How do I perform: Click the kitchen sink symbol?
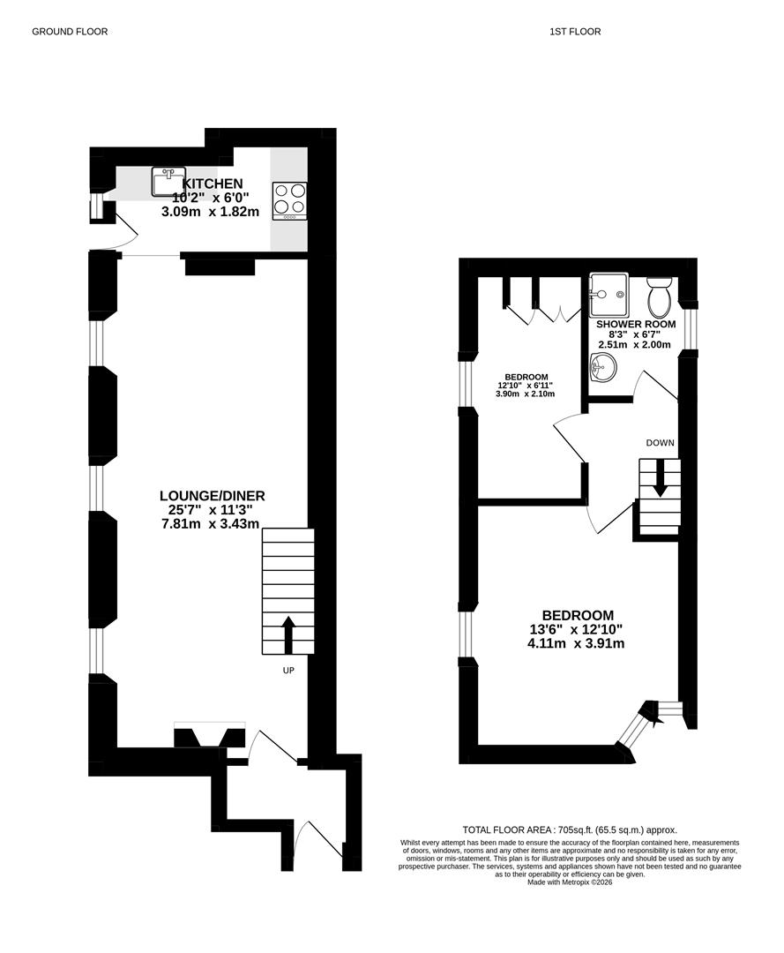click(x=166, y=183)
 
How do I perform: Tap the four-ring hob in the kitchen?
click(x=289, y=201)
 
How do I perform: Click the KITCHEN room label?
click(x=213, y=183)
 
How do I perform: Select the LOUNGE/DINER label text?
click(x=212, y=496)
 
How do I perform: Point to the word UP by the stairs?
click(x=288, y=671)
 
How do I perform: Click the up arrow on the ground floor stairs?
click(x=288, y=635)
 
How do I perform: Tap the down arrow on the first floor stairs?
click(x=660, y=478)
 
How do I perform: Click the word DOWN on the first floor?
click(x=661, y=443)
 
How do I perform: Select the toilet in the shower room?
click(x=659, y=294)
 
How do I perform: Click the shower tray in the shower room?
click(x=608, y=295)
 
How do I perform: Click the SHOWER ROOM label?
click(x=636, y=325)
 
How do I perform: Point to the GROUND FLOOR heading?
click(x=70, y=32)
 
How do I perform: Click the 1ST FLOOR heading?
click(x=575, y=32)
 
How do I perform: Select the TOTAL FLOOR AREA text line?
click(x=570, y=829)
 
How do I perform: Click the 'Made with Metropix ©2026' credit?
click(x=570, y=882)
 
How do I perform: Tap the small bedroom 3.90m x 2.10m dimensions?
click(x=526, y=394)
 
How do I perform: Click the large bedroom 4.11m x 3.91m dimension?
click(x=576, y=643)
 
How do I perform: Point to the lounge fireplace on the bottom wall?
click(x=210, y=735)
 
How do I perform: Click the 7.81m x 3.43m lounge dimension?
click(x=211, y=524)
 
